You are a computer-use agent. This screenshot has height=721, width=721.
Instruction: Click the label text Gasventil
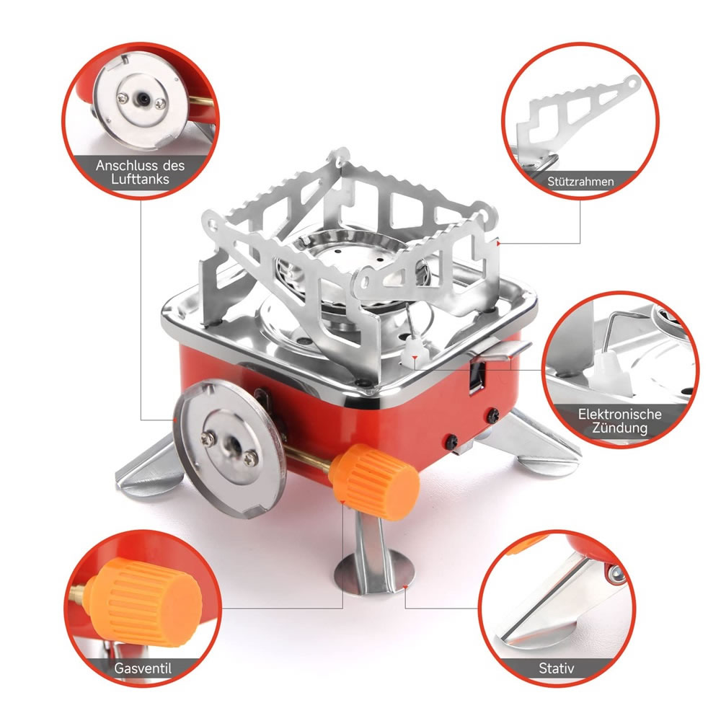pos(143,668)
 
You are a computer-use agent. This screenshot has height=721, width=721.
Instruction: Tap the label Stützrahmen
pos(580,181)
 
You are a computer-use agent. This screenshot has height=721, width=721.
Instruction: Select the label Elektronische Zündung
pos(619,421)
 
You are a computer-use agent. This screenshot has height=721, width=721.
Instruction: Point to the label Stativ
pos(557,668)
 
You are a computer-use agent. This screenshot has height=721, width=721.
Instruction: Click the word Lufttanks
pos(141,179)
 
